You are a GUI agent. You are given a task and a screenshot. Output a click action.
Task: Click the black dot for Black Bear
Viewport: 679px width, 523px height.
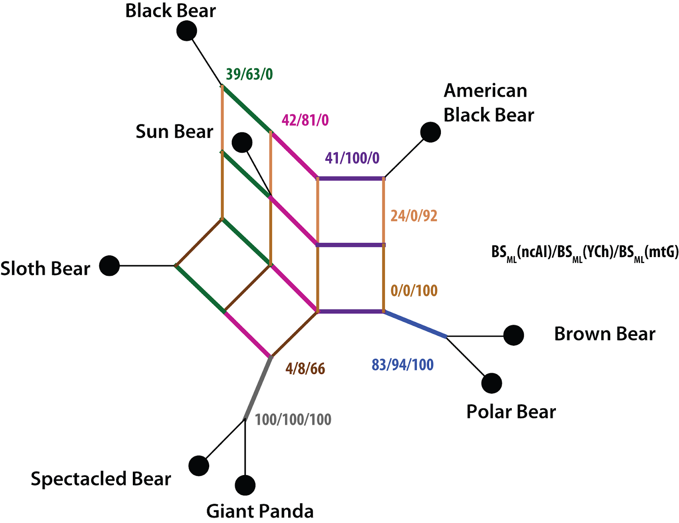186,31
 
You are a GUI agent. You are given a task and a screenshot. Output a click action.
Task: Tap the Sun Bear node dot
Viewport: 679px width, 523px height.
242,142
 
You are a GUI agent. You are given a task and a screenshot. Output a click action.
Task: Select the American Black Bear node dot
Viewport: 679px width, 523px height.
430,132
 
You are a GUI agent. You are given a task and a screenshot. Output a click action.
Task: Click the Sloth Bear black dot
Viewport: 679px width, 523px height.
109,266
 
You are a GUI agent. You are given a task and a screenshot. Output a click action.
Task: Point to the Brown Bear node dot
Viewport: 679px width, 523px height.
513,335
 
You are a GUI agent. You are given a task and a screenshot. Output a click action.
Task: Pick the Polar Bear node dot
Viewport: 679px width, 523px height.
491,383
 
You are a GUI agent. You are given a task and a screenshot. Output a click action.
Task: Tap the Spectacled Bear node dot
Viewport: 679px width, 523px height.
199,466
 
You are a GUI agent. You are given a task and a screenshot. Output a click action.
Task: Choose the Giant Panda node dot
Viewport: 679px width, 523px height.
245,485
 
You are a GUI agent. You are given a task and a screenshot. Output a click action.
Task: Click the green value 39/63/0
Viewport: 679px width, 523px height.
249,74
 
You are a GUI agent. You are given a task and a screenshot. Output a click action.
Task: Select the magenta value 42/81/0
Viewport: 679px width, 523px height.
305,120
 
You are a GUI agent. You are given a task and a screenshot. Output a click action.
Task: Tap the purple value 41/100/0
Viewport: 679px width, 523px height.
352,158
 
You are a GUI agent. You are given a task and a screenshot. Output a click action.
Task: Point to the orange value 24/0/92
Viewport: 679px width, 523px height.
414,215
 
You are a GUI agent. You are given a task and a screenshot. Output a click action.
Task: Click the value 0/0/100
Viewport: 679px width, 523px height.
414,291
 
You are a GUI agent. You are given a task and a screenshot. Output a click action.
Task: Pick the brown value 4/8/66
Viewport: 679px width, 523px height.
305,369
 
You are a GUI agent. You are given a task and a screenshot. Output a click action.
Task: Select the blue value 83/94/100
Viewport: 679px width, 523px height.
402,365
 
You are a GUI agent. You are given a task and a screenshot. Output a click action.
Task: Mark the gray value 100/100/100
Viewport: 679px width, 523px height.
293,420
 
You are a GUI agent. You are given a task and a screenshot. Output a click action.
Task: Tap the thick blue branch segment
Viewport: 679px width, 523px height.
415,324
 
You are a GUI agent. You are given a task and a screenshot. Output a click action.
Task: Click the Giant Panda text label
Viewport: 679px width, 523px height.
260,511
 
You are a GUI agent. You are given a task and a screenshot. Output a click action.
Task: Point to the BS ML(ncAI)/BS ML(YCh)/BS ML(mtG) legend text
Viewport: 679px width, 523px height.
585,253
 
